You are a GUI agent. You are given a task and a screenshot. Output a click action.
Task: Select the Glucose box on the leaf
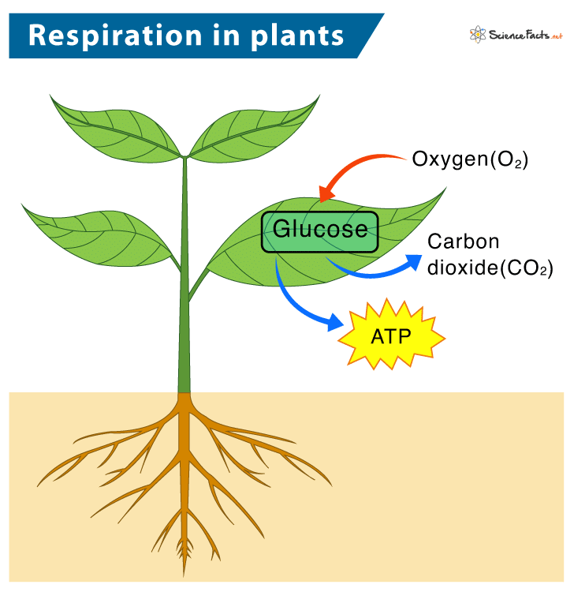pyautogui.click(x=320, y=230)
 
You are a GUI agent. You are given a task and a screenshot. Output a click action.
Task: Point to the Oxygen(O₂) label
pyautogui.click(x=470, y=159)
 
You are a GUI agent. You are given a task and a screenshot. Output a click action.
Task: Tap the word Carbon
pyautogui.click(x=463, y=242)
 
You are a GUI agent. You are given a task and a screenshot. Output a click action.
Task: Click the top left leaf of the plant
pyautogui.click(x=118, y=126)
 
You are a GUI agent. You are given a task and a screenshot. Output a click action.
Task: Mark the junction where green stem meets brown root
pyautogui.click(x=184, y=392)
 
